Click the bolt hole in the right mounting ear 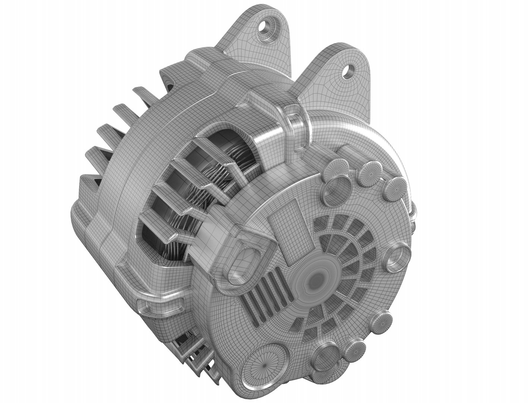click(x=350, y=70)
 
